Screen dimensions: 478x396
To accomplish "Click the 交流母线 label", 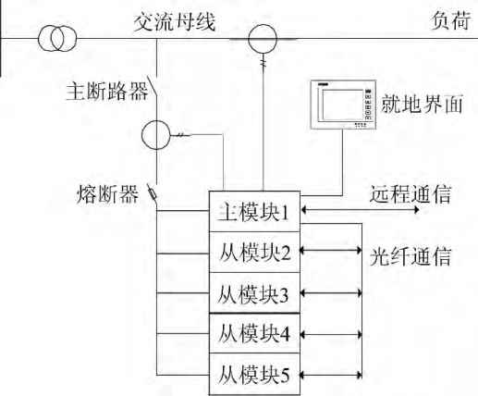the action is click(175, 21).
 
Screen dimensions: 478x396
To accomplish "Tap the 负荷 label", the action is click(450, 20).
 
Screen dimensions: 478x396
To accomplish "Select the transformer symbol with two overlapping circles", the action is click(57, 39).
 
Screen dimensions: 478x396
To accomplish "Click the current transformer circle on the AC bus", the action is click(263, 39).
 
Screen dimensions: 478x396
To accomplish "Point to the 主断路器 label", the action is click(107, 92).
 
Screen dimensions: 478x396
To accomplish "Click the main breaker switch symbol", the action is click(153, 86).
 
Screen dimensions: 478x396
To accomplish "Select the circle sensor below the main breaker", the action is click(156, 135).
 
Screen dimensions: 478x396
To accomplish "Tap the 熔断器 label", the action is click(107, 194).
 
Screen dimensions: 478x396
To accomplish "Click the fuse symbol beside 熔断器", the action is click(152, 194).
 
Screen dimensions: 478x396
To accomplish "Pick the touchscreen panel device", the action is click(343, 105).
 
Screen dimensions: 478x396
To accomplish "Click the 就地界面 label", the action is click(422, 104).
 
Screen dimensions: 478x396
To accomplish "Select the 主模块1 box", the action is click(254, 212).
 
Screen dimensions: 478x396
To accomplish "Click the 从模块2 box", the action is click(254, 252).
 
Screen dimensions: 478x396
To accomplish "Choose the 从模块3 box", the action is click(254, 292).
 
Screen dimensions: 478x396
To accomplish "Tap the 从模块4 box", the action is click(254, 333).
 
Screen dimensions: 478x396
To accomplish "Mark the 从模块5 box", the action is click(254, 374).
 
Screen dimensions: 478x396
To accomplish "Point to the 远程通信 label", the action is click(411, 194).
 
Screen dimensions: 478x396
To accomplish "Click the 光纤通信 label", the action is click(411, 257).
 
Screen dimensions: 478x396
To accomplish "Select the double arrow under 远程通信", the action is click(360, 210).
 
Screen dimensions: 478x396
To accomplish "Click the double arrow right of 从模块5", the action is click(331, 375).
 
